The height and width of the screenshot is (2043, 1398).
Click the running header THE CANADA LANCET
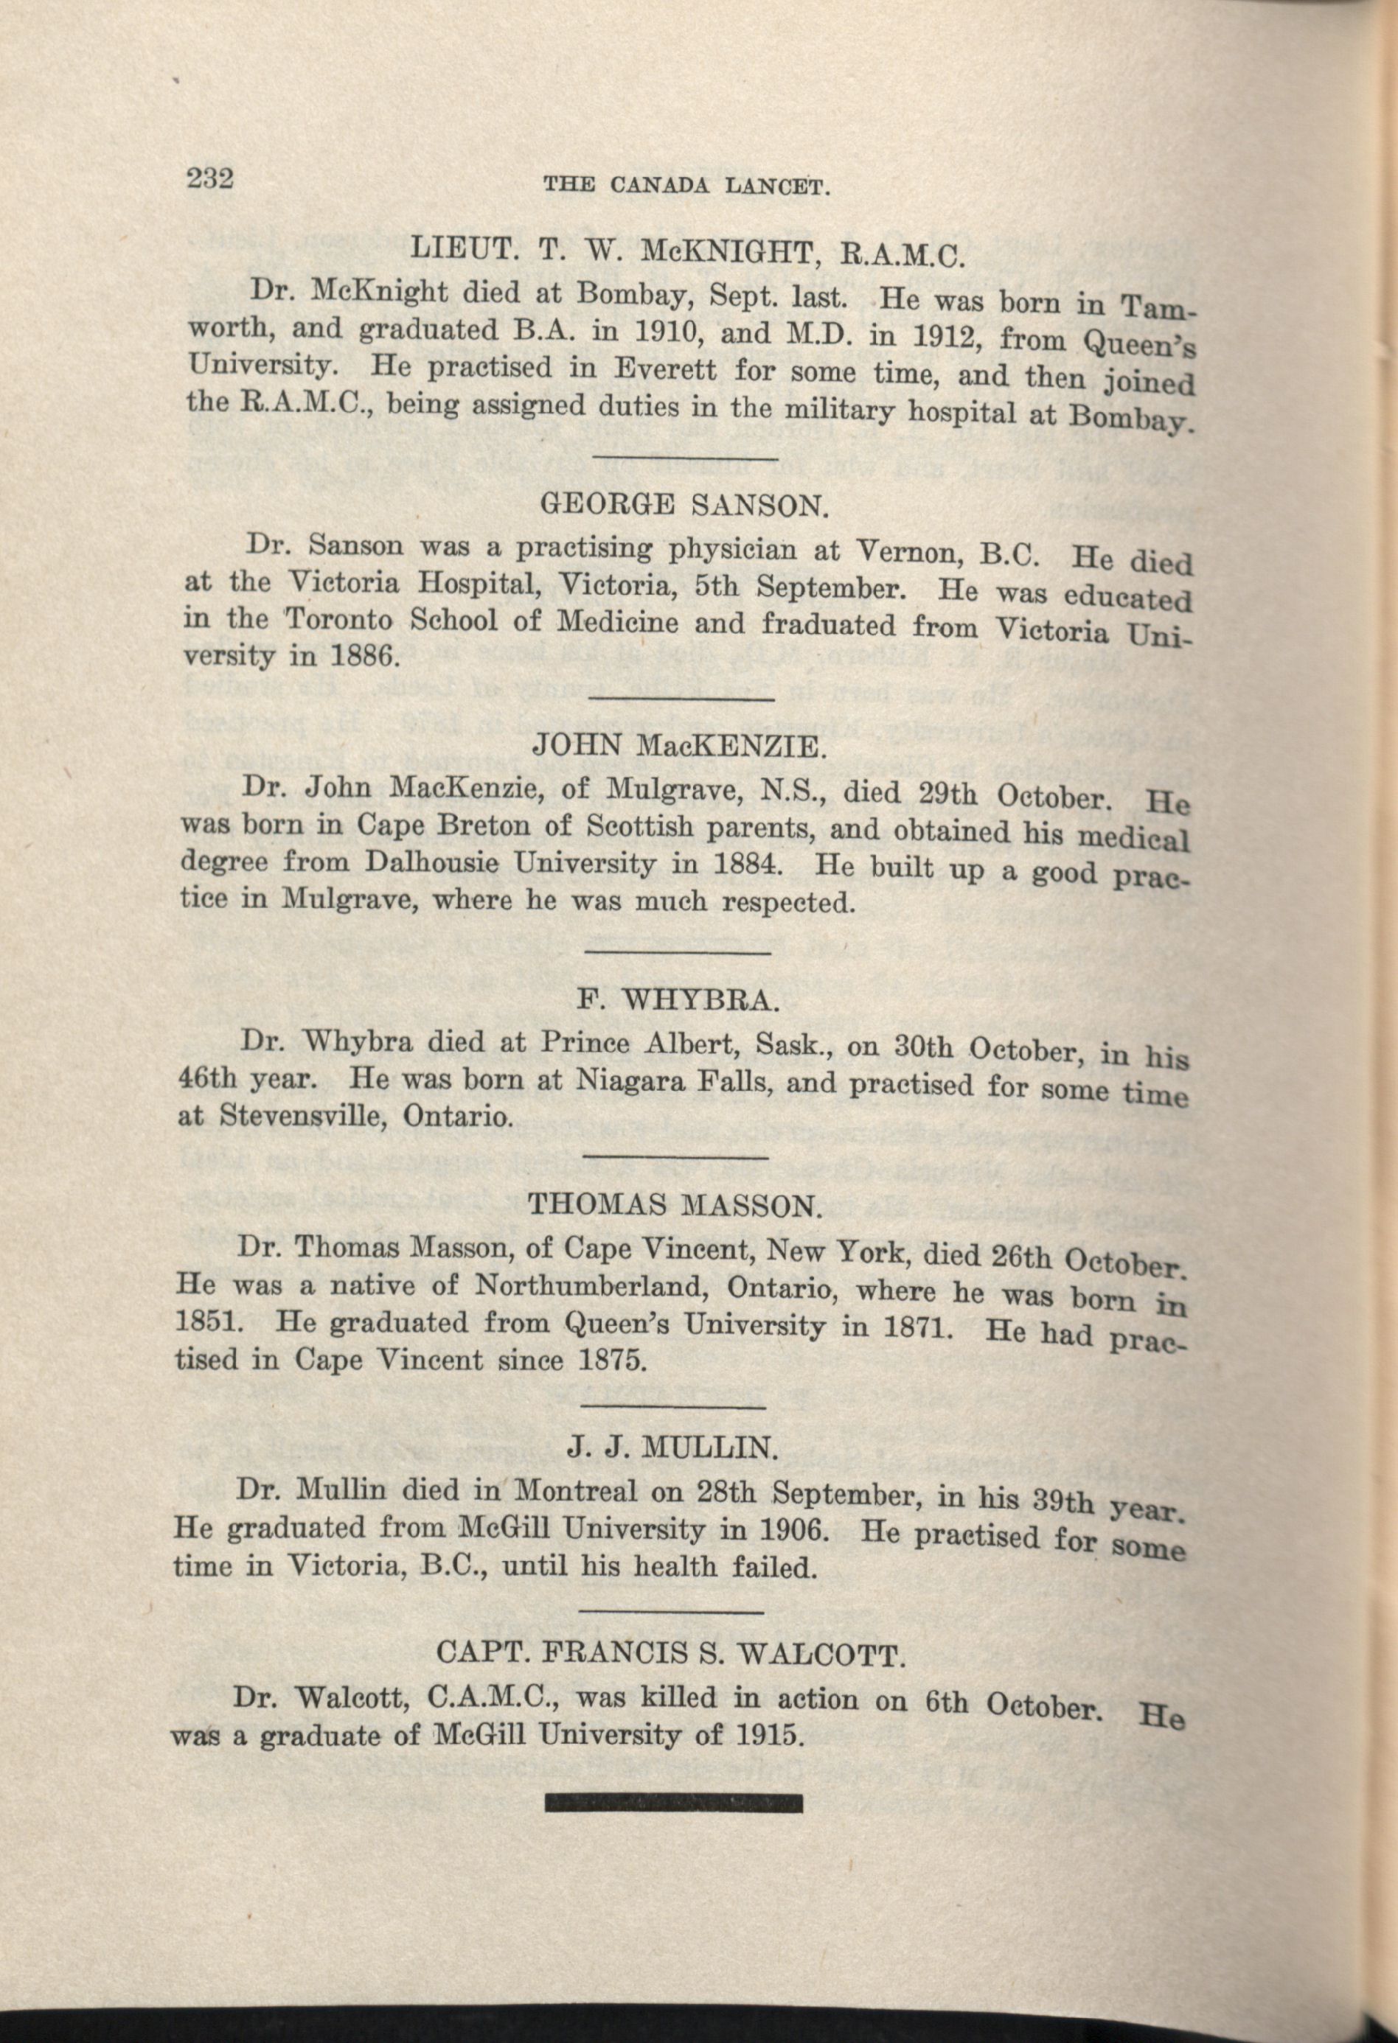(687, 186)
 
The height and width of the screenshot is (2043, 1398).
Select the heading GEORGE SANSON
(681, 506)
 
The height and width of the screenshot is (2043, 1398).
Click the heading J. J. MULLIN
(672, 1447)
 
